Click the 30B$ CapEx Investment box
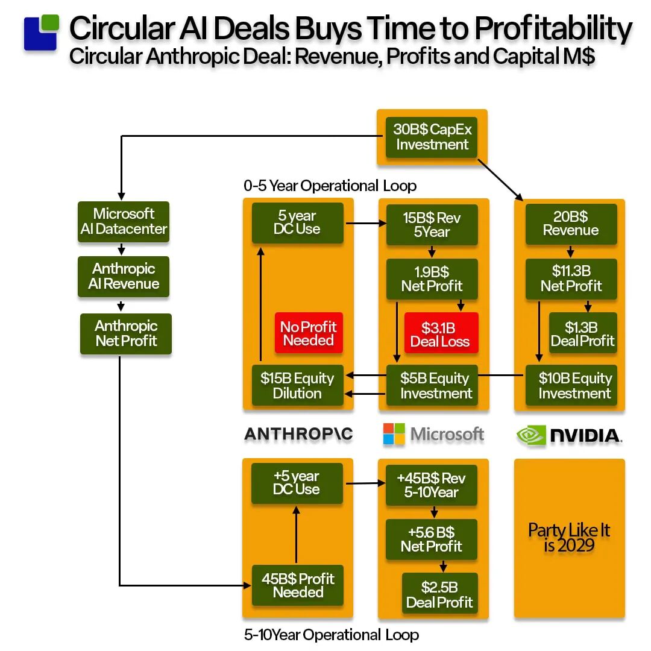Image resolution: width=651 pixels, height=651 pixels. pos(432,137)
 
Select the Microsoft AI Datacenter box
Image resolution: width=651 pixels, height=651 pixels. pos(124,222)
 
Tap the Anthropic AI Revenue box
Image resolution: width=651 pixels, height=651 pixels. pos(124,277)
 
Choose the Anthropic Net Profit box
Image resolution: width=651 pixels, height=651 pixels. pos(126,333)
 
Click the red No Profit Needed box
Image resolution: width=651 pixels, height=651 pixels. pos(309,333)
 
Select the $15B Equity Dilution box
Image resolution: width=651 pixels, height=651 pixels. pos(297,386)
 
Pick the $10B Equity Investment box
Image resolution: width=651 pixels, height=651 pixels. pos(574,386)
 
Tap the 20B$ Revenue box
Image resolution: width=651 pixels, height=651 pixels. pos(570,224)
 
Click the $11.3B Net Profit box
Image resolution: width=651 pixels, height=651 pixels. pos(571,278)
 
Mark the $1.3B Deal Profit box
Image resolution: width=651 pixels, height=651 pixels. pos(582,334)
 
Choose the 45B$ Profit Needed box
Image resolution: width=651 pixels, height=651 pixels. pos(298,585)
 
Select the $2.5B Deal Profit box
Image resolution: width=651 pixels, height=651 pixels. pos(439,594)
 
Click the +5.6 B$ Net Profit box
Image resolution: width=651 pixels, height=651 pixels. pos(431,539)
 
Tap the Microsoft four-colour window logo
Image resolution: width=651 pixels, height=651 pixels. pos(394,434)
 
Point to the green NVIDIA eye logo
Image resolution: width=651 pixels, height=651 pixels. pos(531,436)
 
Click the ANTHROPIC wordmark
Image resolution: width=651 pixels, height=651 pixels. pos(298,434)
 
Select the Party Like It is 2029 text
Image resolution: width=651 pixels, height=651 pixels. pos(569,538)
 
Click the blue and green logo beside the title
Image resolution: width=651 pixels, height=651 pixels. pos(41,33)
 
